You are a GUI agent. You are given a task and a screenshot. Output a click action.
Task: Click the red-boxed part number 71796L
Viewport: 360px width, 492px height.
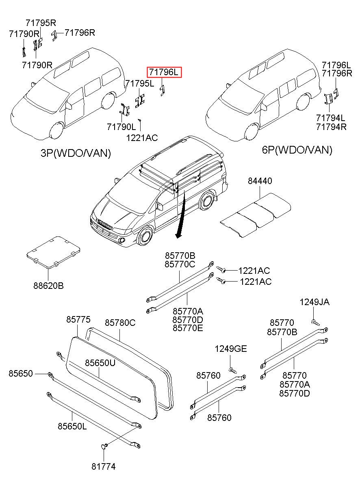164,73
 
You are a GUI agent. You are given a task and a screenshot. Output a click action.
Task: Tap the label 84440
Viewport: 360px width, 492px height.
260,181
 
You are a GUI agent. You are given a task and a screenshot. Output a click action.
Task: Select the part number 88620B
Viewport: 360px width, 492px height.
48,286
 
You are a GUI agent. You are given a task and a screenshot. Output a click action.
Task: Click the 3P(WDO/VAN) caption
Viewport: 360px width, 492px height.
76,153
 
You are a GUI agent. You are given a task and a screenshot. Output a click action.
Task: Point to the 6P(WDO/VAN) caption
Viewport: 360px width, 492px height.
297,150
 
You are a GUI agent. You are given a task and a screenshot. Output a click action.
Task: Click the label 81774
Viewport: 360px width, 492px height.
103,467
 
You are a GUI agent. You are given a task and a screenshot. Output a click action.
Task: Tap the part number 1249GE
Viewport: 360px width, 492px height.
231,349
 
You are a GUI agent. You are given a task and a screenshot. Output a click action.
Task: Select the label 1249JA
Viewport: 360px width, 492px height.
314,302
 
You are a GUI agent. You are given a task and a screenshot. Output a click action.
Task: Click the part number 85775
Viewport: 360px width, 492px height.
78,320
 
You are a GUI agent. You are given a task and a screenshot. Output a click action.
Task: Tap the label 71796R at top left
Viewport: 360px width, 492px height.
80,33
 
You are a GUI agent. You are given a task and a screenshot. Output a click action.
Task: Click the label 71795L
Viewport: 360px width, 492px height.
140,84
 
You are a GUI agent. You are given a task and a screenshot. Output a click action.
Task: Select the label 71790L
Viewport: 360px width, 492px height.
121,127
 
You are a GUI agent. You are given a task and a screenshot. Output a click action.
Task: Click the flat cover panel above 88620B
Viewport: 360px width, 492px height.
53,251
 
